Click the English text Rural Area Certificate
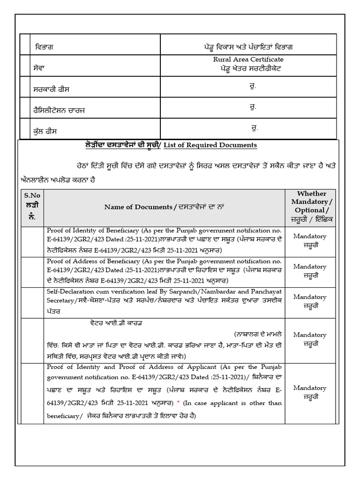248,60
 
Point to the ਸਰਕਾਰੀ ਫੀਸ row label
52,89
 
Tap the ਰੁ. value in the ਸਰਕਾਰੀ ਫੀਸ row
253,86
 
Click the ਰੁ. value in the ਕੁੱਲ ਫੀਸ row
255,127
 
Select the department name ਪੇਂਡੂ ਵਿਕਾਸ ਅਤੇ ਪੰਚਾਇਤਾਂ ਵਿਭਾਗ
248,47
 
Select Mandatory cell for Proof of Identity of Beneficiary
310,240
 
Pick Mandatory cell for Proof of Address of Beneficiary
310,271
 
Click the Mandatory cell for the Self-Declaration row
310,301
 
